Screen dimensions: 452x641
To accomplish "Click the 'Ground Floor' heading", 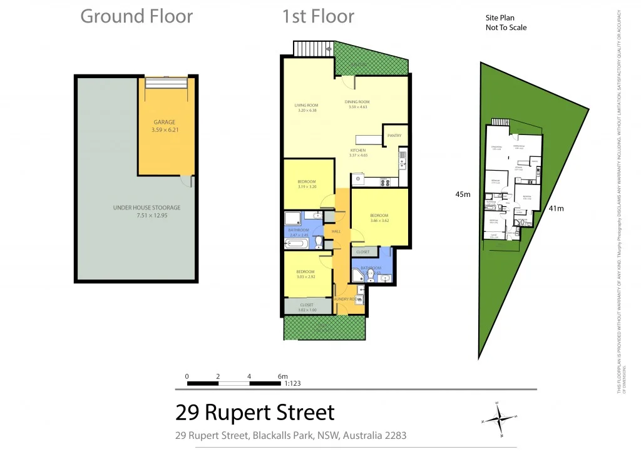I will click(x=136, y=17).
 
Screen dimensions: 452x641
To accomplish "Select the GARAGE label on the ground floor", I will click(x=165, y=123).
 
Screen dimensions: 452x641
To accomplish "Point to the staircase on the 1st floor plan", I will click(x=307, y=48).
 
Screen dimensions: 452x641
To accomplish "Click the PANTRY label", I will click(x=394, y=136).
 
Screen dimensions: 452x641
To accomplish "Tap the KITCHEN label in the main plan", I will click(x=357, y=151).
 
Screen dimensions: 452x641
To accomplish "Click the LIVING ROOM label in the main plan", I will click(x=307, y=105).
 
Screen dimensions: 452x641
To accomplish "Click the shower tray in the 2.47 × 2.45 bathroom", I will click(x=293, y=218).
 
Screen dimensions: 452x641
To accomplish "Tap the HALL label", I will click(x=336, y=231).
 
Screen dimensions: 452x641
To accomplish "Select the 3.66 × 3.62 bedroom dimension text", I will click(x=379, y=220).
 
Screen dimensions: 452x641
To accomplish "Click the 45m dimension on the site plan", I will click(x=463, y=194).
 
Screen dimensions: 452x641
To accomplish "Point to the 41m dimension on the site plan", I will click(x=556, y=208).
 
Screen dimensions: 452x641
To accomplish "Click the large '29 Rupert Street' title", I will click(x=255, y=413).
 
